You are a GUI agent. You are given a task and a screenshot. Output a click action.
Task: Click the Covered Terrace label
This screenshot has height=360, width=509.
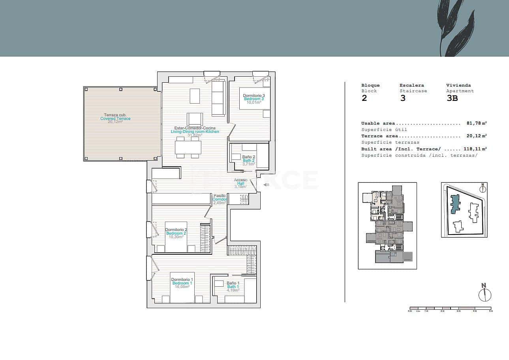115,119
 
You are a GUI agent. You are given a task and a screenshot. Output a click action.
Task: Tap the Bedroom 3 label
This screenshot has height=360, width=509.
254,99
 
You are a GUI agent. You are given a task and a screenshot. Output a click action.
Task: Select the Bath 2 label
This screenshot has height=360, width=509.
249,161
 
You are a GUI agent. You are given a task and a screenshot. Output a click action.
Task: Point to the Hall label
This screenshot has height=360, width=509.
240,183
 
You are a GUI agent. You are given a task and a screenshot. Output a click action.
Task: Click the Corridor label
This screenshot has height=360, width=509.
220,199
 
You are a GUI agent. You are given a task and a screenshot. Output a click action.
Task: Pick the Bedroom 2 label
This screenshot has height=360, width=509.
176,233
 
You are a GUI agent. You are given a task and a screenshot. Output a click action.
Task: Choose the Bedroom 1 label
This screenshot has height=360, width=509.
182,283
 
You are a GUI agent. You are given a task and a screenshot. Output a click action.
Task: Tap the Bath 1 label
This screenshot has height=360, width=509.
233,287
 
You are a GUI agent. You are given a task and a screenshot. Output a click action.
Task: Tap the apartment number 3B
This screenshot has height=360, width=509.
452,99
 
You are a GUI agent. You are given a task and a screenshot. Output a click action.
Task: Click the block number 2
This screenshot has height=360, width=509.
364,99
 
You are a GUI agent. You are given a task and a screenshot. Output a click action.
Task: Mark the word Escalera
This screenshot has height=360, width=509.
411,85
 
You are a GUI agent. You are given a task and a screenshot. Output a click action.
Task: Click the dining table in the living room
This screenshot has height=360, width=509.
188,148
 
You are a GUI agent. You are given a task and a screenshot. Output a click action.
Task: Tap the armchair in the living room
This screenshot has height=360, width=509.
195,119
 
